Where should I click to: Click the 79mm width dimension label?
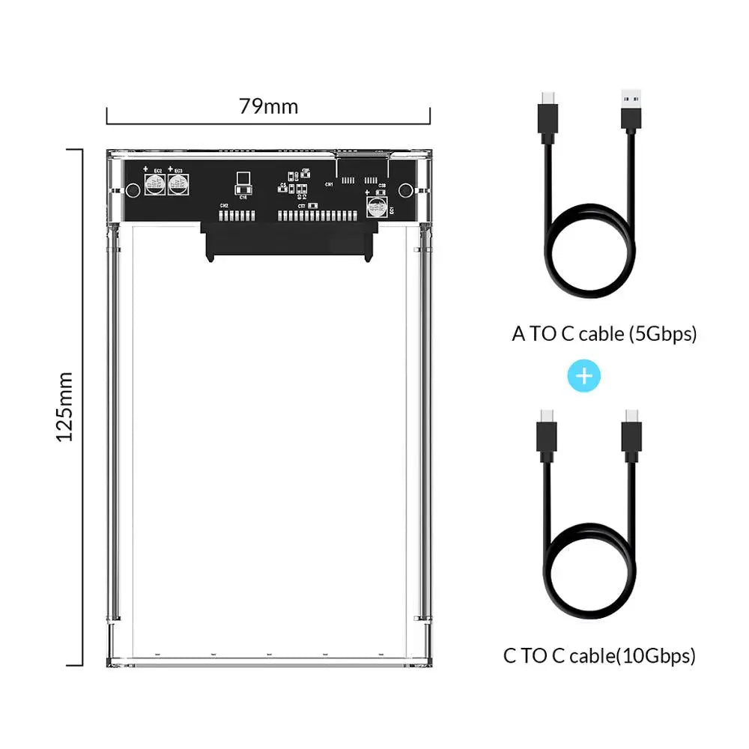tap(268, 106)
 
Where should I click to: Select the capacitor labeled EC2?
tap(156, 185)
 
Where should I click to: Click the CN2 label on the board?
tap(223, 205)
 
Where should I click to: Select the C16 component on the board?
tap(243, 188)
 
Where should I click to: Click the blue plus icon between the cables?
tap(585, 376)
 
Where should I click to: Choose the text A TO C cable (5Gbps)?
tap(604, 334)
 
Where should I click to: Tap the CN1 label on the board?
tap(328, 184)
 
